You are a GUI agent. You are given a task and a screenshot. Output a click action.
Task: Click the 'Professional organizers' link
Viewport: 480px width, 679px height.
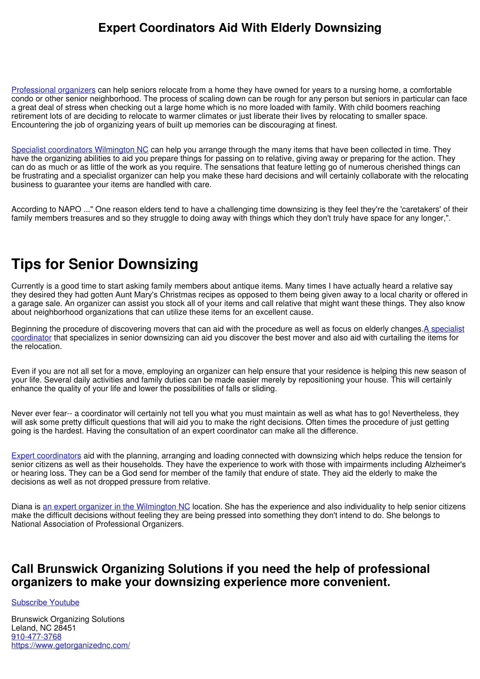53,90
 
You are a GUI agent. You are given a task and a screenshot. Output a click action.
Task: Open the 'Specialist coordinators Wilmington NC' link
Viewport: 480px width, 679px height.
80,150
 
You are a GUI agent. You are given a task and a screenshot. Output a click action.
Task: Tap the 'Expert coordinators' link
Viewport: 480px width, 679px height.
46,456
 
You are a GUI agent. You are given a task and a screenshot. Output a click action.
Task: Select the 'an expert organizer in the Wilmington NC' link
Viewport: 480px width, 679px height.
116,507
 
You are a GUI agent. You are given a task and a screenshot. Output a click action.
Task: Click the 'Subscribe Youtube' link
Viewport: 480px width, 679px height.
45,603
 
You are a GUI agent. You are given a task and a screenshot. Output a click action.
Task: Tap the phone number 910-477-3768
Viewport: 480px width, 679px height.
36,637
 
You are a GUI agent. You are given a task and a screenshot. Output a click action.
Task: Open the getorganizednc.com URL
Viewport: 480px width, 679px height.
70,646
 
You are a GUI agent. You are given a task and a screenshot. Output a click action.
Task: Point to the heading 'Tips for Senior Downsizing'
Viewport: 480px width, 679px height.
105,264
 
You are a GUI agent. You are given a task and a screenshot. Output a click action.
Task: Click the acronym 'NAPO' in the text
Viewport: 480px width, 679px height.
70,210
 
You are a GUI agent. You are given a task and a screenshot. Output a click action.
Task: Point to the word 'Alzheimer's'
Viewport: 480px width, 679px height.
445,465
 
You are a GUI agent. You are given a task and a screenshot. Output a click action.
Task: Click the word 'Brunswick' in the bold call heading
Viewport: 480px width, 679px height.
67,569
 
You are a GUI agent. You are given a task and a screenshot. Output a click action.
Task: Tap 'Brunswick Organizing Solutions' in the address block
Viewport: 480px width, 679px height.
68,619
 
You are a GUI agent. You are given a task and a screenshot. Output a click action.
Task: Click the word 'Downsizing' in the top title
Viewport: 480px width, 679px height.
348,28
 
